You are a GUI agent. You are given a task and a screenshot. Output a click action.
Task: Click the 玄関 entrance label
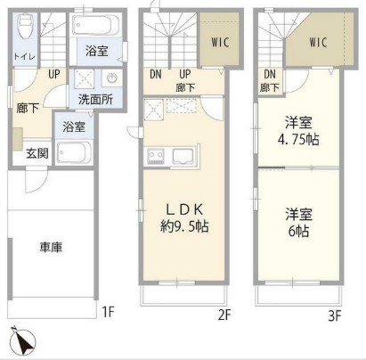coord(36,152)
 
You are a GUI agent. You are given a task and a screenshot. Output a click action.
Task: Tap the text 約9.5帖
coord(185,227)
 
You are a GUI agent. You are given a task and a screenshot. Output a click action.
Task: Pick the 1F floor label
coord(108,312)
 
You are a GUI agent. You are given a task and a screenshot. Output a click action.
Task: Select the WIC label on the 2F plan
coord(222,42)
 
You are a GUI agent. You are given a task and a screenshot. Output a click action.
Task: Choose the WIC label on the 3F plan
coord(317,41)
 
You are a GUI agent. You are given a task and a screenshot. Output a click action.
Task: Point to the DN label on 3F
coord(269,74)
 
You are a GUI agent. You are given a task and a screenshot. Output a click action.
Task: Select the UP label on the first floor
coord(54,75)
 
